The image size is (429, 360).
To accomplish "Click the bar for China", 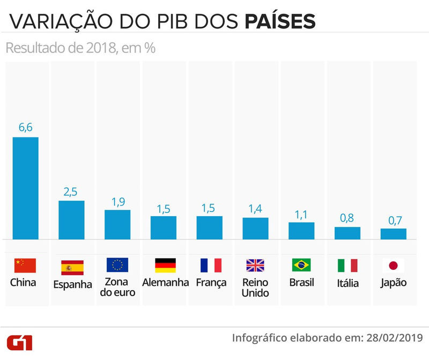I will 26,188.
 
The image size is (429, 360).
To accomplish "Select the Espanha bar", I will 71,220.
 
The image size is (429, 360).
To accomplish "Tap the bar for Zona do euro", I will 117,224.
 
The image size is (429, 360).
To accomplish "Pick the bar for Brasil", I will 301,231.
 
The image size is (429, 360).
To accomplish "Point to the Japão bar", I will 394,234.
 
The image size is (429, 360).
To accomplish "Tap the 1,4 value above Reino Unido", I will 255,208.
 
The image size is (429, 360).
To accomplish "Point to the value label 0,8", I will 347,218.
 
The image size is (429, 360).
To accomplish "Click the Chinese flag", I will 25,266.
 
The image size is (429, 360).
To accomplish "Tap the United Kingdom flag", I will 256,266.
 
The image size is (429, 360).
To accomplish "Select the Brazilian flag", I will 302,266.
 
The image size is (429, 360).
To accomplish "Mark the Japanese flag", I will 394,266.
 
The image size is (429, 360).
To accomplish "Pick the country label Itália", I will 347,283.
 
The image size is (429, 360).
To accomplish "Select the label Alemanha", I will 166,282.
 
